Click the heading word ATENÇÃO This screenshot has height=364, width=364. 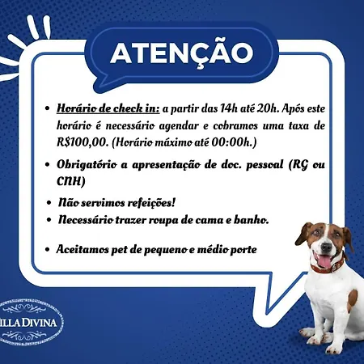[x=182, y=53]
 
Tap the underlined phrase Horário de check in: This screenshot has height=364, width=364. [x=108, y=108]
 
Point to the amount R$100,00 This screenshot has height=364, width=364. [x=83, y=142]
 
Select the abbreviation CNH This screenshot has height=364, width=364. [x=69, y=181]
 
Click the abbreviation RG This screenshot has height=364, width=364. [x=300, y=165]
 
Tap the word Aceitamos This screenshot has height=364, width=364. [x=83, y=249]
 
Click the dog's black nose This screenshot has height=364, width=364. [x=327, y=247]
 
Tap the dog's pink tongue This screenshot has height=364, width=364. [x=324, y=261]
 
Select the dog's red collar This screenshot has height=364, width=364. [x=327, y=266]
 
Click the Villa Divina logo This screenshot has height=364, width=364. [x=30, y=323]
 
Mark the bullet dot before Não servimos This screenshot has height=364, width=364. [x=49, y=202]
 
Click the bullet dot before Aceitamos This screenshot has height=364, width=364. [x=48, y=249]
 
